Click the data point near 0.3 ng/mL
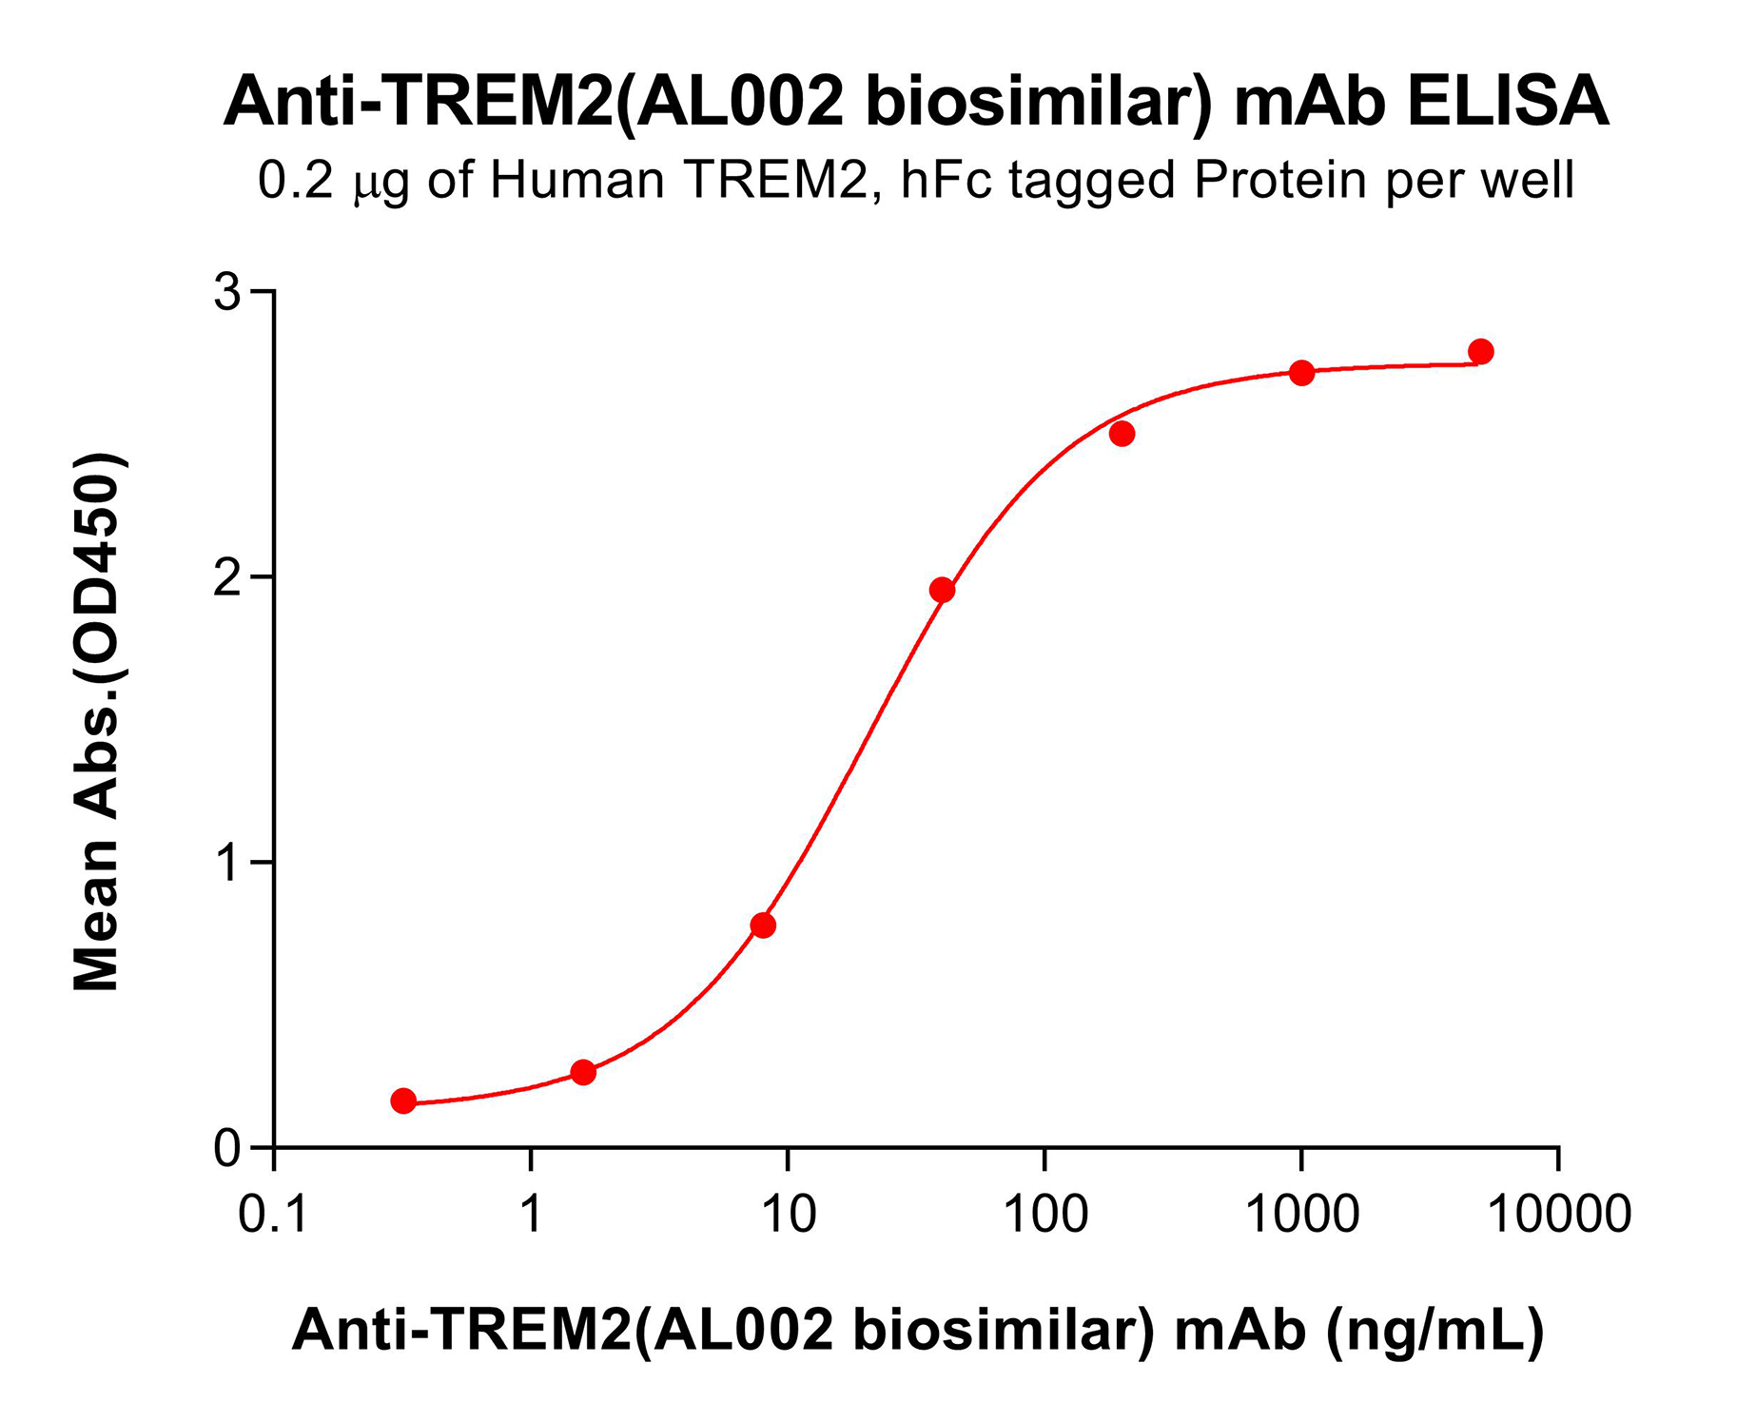tap(403, 1101)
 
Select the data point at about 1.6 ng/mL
tap(583, 1072)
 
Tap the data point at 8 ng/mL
tap(763, 925)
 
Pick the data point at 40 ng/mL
tap(942, 590)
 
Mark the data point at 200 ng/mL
tap(1122, 434)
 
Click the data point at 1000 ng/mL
tap(1301, 373)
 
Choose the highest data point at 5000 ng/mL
tap(1480, 352)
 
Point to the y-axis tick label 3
tap(227, 291)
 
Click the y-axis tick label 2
tap(227, 577)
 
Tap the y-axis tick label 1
tap(227, 863)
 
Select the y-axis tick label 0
tap(227, 1149)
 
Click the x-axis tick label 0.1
tap(274, 1215)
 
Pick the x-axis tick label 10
tap(788, 1215)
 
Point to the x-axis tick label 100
tap(1044, 1215)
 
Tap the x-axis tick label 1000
tap(1301, 1215)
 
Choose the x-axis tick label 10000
tap(1558, 1215)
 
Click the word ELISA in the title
tap(1508, 102)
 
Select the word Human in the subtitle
tap(576, 180)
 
